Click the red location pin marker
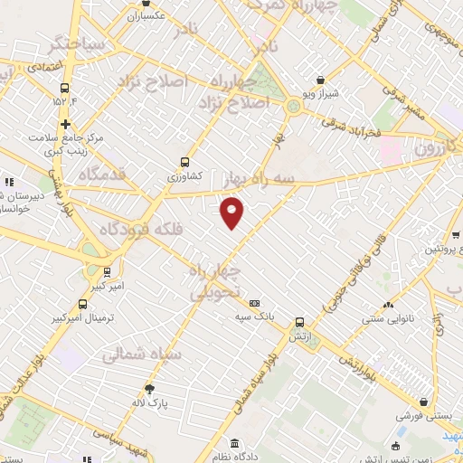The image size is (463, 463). tap(232, 212)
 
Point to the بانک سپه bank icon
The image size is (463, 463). tap(254, 303)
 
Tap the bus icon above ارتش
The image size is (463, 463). tap(300, 322)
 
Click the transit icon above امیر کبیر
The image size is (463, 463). tap(109, 271)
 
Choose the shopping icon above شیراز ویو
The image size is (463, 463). tap(320, 80)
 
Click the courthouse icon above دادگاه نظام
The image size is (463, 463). tap(235, 443)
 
